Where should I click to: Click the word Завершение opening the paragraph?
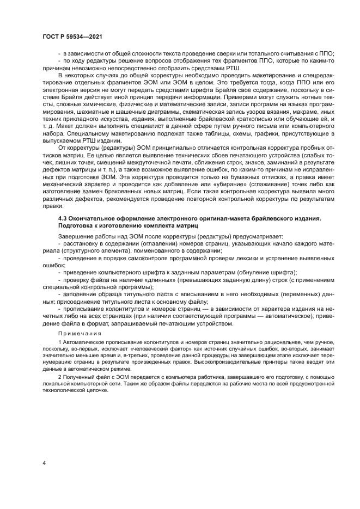[x=76, y=236]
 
